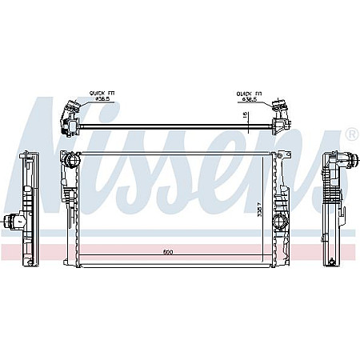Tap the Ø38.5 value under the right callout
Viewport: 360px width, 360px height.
pos(250,99)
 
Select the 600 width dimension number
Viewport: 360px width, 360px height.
pos(167,252)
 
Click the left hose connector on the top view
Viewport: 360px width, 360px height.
pos(69,115)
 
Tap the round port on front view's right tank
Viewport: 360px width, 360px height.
pos(280,221)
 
